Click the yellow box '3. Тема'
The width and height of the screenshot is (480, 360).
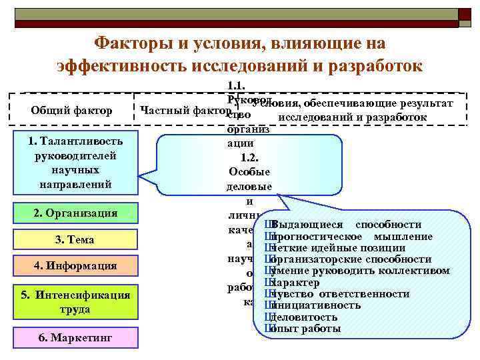coord(74,239)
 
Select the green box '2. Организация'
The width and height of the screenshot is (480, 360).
coord(74,213)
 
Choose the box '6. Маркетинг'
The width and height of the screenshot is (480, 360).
coord(74,337)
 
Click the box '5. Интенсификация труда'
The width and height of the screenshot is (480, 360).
coord(74,302)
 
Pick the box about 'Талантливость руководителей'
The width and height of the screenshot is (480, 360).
coord(74,162)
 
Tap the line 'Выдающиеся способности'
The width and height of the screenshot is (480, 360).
coord(347,224)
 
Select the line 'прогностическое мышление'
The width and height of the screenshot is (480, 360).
coord(352,237)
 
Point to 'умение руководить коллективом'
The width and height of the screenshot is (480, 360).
coord(360,271)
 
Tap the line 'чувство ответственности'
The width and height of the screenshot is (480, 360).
coord(340,294)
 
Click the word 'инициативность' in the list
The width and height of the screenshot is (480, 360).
coord(317,305)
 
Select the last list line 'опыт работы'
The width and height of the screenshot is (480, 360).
coord(307,329)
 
